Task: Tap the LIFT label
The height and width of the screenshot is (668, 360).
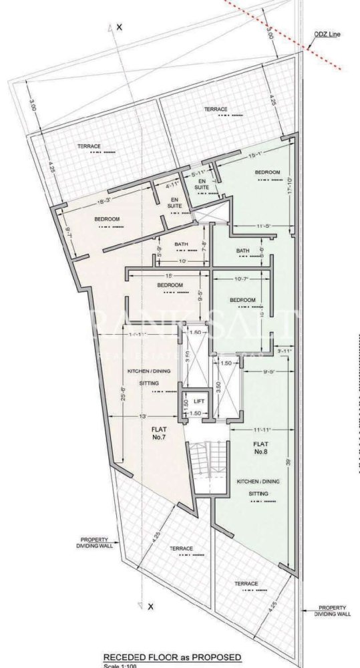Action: (x=198, y=401)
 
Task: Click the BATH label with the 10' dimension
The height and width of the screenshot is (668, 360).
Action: (x=182, y=244)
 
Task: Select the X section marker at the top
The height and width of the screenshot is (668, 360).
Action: (x=119, y=27)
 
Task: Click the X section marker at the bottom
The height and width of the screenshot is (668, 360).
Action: (x=151, y=607)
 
